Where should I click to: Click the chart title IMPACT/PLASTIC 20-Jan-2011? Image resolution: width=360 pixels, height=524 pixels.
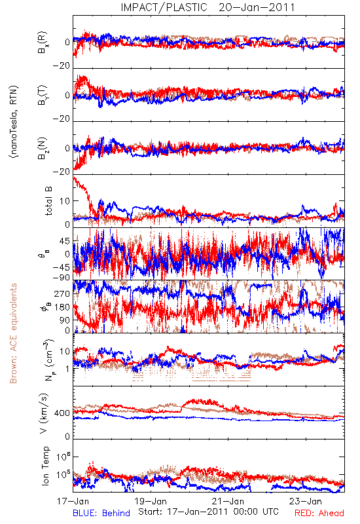(x=207, y=7)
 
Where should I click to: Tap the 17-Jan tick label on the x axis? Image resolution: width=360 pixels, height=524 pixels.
(x=73, y=501)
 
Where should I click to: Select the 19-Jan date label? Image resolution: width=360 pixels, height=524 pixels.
(x=151, y=501)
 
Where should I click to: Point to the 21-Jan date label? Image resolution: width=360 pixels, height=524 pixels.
(x=228, y=501)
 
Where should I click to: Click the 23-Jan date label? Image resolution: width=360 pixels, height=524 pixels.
(x=306, y=501)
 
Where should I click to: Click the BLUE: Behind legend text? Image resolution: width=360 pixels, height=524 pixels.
(x=101, y=513)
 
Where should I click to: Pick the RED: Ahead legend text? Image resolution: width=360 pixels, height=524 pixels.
(x=319, y=513)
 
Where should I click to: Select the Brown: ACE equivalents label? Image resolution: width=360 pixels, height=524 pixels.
(x=13, y=333)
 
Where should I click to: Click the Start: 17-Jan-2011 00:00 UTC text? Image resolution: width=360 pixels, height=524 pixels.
(x=208, y=512)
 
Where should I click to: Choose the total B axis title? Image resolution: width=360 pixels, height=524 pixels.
(x=48, y=201)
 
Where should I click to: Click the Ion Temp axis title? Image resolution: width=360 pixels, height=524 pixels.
(x=45, y=466)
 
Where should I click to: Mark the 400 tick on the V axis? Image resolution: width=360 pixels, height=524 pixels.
(x=62, y=413)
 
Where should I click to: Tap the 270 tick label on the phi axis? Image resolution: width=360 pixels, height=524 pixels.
(x=62, y=293)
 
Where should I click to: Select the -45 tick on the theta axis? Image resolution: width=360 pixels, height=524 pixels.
(x=62, y=267)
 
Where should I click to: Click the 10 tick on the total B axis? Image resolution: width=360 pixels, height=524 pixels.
(x=65, y=201)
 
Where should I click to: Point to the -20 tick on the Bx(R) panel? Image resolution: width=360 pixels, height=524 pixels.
(x=62, y=66)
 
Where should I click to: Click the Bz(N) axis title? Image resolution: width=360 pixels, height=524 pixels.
(x=43, y=148)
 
